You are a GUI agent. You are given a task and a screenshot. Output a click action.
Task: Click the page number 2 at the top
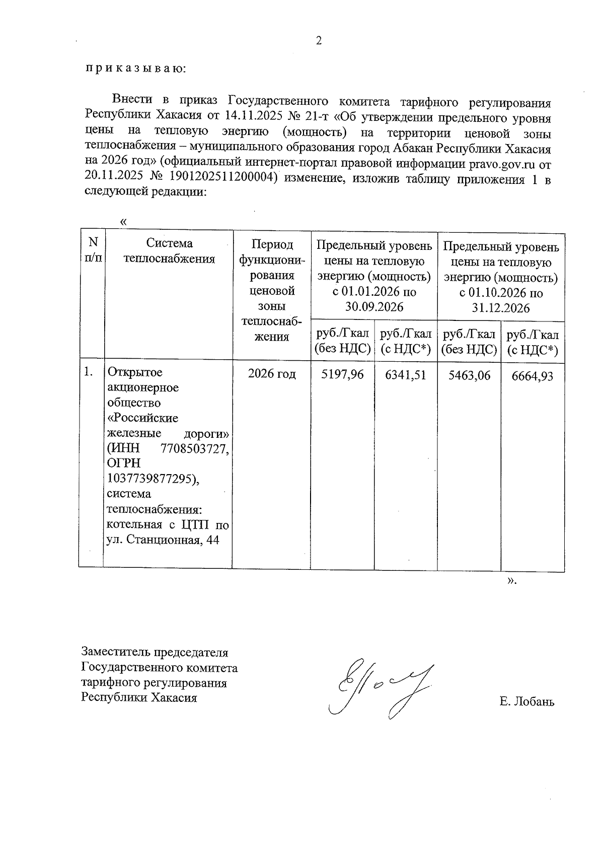click(x=318, y=41)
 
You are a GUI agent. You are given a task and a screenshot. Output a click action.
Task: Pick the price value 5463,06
click(x=469, y=375)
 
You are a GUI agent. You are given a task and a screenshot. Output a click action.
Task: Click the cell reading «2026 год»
click(x=271, y=374)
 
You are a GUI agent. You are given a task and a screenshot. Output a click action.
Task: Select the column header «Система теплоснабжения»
click(x=169, y=251)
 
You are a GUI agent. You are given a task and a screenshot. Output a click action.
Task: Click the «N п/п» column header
click(x=93, y=250)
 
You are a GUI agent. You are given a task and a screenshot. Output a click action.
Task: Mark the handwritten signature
click(x=377, y=686)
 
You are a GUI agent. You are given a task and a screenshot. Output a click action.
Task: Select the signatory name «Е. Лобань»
click(x=526, y=701)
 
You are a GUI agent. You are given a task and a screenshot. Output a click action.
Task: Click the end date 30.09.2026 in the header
click(x=374, y=306)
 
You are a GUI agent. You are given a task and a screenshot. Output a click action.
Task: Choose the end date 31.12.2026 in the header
click(x=501, y=308)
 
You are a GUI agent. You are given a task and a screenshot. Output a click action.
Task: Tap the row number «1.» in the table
click(x=89, y=372)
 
